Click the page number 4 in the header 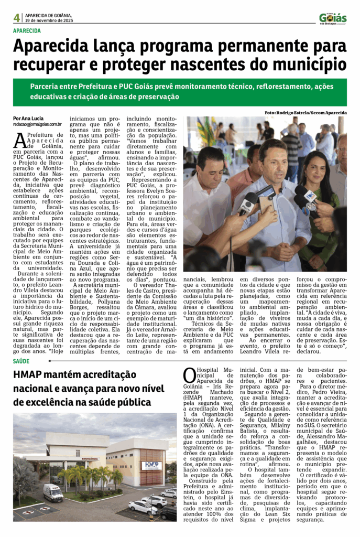coord(17,18)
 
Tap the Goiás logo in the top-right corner coord(333,18)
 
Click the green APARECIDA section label coord(27,30)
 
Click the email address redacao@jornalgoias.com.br coord(38,124)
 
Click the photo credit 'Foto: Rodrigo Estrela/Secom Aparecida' coord(306,113)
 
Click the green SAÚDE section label coord(21,362)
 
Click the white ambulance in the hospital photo coord(53,492)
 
